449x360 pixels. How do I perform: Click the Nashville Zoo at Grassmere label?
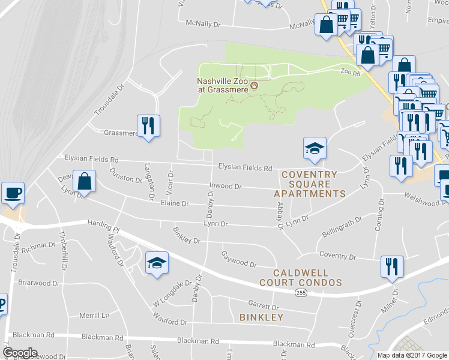[223, 86]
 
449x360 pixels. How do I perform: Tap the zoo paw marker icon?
[255, 86]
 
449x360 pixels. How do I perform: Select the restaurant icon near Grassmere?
[148, 126]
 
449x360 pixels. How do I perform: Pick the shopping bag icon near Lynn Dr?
[85, 181]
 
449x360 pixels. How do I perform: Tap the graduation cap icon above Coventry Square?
[314, 148]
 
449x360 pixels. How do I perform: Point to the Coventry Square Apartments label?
[309, 184]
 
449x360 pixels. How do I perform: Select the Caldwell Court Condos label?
[301, 277]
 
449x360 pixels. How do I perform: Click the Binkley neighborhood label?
[261, 317]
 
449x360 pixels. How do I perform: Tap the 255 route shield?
[301, 292]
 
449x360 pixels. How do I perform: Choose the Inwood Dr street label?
[225, 187]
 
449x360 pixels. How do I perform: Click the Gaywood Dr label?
[239, 260]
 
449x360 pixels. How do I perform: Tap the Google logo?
[20, 353]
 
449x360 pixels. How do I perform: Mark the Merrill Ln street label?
[96, 315]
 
